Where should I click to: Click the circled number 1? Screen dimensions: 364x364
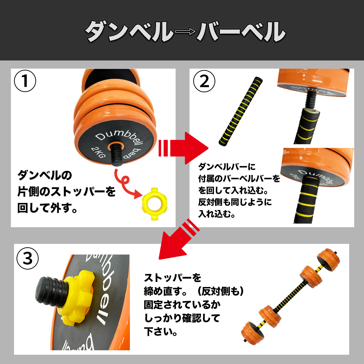click(25, 81)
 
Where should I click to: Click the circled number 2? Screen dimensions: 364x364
click(204, 81)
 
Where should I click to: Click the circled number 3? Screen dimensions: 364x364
click(27, 258)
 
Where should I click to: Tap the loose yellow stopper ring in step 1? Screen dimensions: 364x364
click(154, 204)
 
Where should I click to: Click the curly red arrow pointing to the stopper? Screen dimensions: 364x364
click(126, 183)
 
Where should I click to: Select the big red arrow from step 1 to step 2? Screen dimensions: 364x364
click(183, 148)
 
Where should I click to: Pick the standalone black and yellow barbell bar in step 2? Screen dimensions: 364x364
click(241, 111)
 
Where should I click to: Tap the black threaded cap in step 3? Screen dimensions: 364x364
click(50, 290)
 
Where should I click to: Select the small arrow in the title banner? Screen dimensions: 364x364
click(185, 32)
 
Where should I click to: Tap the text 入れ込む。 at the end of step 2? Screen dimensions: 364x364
click(217, 214)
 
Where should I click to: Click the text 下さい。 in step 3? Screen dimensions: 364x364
click(161, 332)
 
